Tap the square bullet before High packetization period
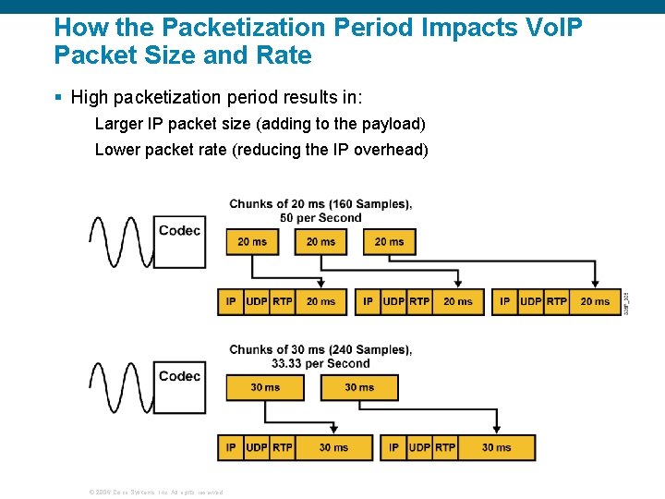pos(58,97)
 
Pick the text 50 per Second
pos(320,218)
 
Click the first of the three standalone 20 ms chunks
pos(252,242)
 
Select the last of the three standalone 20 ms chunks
pos(389,242)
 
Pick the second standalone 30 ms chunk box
pos(359,387)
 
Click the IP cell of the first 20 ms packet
pos(231,302)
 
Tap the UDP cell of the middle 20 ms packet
pos(394,302)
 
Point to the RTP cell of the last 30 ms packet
pos(445,447)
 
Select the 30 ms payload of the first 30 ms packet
pos(333,447)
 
